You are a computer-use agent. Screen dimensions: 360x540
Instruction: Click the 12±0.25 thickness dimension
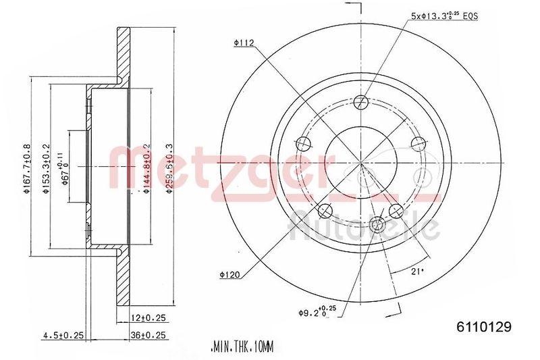tap(148, 317)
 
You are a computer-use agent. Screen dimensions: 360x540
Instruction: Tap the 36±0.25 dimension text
tap(148, 334)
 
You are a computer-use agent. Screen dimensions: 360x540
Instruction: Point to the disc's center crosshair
tap(361, 166)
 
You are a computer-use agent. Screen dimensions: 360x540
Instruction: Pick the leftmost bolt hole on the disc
tap(304, 143)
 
